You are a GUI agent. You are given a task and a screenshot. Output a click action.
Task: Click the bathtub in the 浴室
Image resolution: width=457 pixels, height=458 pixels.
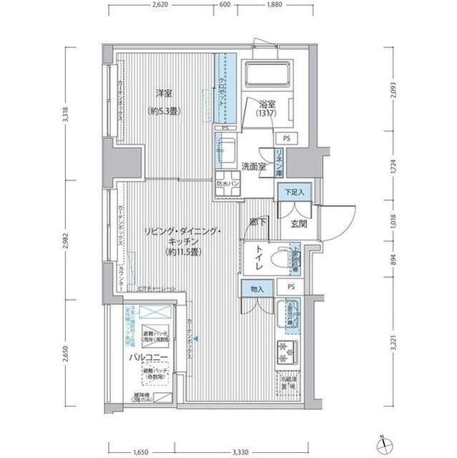click(x=266, y=74)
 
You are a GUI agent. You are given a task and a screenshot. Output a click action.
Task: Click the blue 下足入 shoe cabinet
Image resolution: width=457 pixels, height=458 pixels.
click(x=292, y=193)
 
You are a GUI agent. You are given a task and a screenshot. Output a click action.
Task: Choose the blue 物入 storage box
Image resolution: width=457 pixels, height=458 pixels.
click(x=257, y=289)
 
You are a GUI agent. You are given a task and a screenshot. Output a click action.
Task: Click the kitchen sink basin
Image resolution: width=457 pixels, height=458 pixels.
click(x=291, y=316)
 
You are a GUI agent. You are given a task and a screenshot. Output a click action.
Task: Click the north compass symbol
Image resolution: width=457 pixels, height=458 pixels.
click(x=386, y=444)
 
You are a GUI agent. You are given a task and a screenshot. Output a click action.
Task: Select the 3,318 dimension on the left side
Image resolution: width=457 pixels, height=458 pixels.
click(x=66, y=114)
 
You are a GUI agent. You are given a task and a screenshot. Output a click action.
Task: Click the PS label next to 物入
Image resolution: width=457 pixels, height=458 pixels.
click(x=291, y=289)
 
